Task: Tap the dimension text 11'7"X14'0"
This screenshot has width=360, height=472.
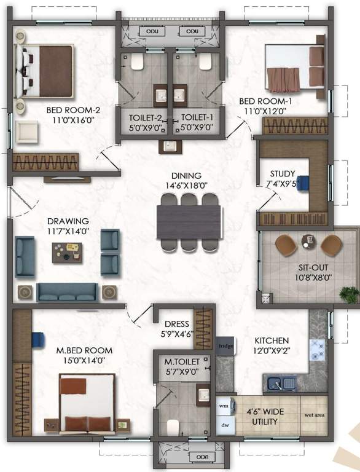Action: (68, 232)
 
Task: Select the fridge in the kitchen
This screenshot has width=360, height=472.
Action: (222, 346)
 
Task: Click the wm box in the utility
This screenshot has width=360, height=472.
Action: (222, 406)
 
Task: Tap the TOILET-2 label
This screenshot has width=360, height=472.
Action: (146, 117)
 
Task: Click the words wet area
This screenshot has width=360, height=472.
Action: (315, 415)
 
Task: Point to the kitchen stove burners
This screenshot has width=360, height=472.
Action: (318, 350)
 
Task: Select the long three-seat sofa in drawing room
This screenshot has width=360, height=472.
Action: (68, 291)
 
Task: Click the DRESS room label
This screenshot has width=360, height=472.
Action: (176, 324)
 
